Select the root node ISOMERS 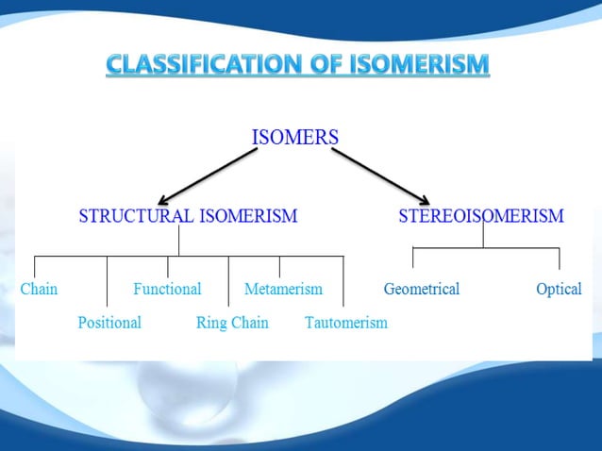tap(295, 137)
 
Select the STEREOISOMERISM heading tap(481, 216)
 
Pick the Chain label tap(39, 289)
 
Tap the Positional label tap(109, 323)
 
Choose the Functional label tap(167, 289)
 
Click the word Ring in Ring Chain tap(212, 323)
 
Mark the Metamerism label tap(283, 289)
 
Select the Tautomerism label tap(346, 323)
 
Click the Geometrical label tap(421, 289)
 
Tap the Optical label tap(559, 289)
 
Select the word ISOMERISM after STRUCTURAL tap(247, 216)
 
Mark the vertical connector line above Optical tap(560, 259)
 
